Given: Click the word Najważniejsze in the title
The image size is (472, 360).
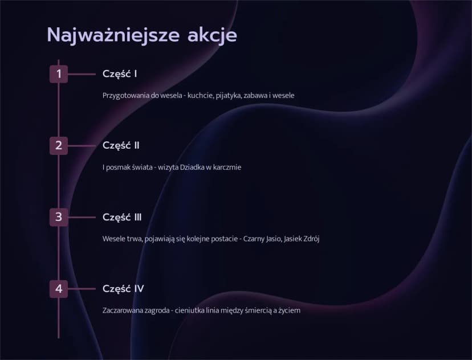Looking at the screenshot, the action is (113, 35).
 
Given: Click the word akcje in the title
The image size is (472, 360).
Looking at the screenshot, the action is (212, 35).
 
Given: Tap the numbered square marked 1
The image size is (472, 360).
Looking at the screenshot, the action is (59, 74).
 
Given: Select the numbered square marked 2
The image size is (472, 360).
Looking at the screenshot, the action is (59, 146).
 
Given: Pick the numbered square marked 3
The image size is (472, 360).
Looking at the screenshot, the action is (59, 217).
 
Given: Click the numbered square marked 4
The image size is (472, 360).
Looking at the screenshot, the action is (59, 289).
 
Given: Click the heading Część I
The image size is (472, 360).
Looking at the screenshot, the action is (120, 74).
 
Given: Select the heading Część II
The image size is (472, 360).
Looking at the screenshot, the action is (121, 146).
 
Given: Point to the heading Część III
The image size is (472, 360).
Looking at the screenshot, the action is (122, 217).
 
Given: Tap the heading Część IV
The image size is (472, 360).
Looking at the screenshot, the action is (123, 289).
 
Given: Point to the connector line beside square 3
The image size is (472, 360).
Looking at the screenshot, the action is (82, 217).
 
